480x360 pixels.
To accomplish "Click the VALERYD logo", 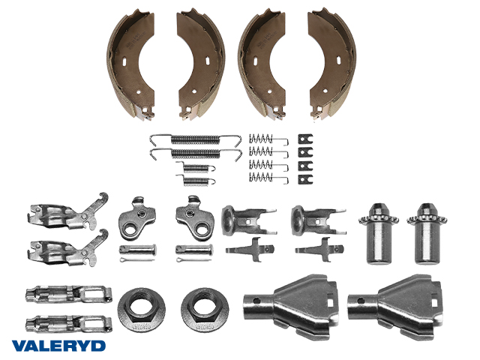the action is click(x=58, y=346).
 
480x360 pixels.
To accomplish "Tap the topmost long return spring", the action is click(x=195, y=139).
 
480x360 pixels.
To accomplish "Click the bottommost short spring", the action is click(x=195, y=180).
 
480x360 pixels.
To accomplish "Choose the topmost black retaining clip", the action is click(x=305, y=139).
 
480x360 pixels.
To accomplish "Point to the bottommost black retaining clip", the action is click(x=305, y=179).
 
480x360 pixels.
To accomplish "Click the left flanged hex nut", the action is click(x=142, y=310).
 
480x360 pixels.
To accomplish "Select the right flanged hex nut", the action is click(x=205, y=310).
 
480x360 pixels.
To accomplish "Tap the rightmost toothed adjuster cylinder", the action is click(x=427, y=233).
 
